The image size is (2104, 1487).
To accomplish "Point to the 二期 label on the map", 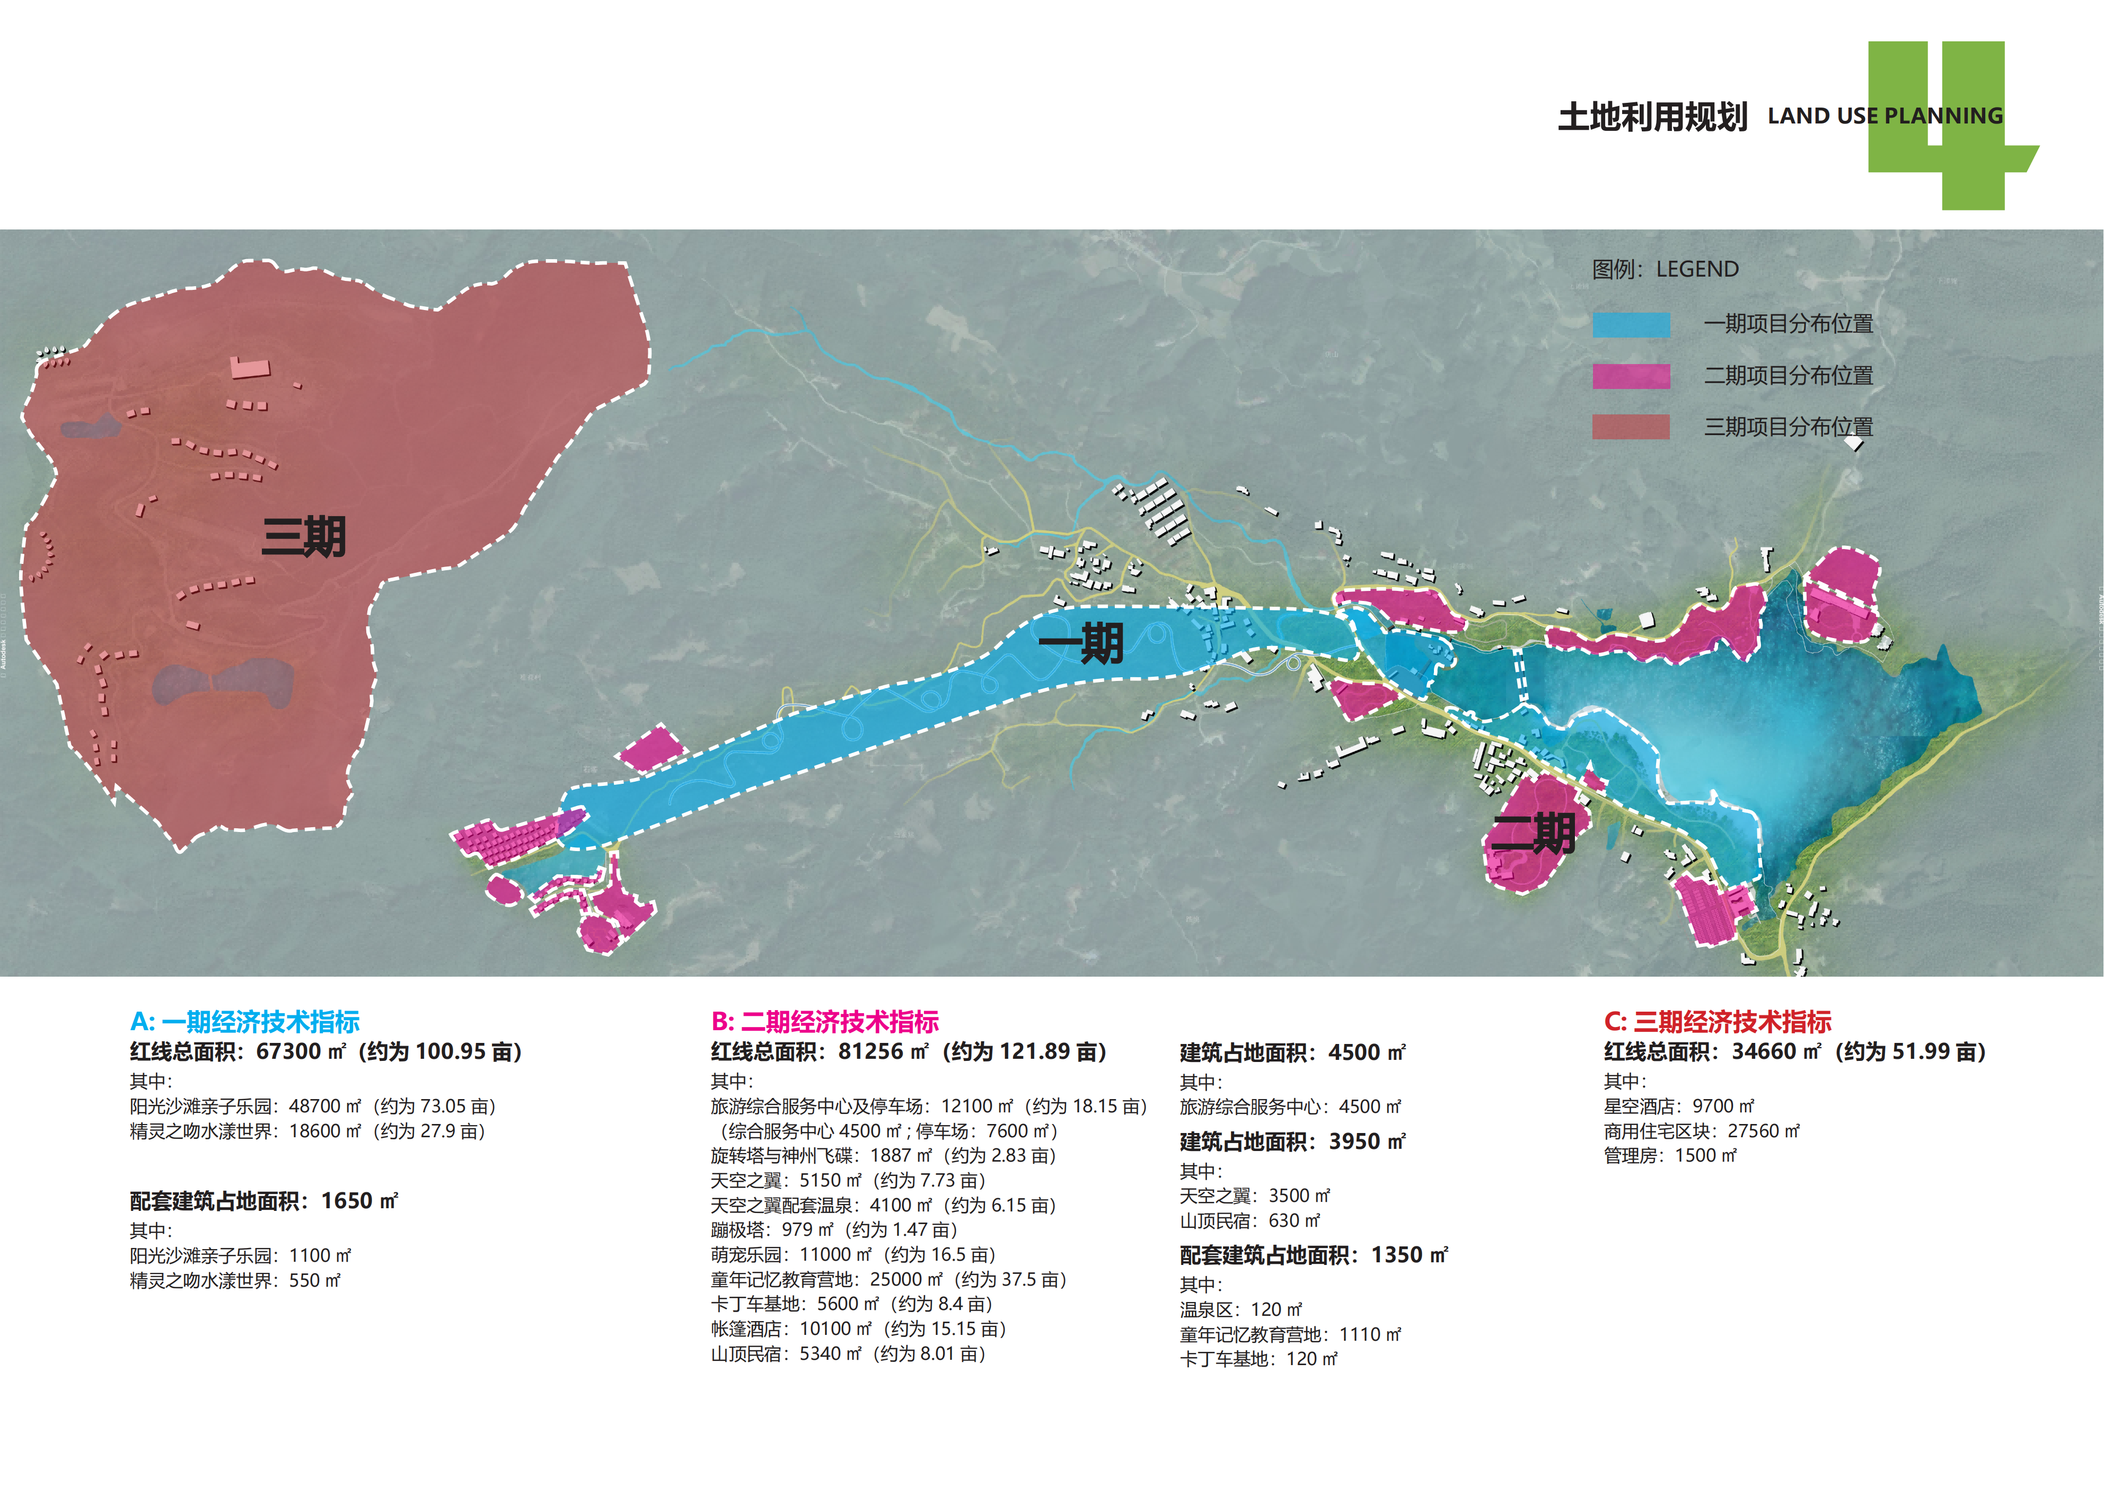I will pyautogui.click(x=1533, y=834).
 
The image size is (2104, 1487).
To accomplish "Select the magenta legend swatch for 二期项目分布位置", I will pyautogui.click(x=1631, y=376).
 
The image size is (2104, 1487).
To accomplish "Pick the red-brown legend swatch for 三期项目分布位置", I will pyautogui.click(x=1631, y=427).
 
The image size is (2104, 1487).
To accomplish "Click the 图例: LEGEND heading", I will pyautogui.click(x=1665, y=269).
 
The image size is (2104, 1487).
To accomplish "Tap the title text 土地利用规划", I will pyautogui.click(x=1652, y=117).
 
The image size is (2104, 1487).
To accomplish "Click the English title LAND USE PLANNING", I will pyautogui.click(x=1885, y=117).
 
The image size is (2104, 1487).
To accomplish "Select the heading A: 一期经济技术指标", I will pyautogui.click(x=245, y=1022).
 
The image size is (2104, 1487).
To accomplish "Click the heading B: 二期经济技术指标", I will pyautogui.click(x=825, y=1022).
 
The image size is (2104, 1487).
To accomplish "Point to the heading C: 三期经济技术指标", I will pyautogui.click(x=1718, y=1022).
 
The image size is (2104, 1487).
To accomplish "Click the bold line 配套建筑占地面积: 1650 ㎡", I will pyautogui.click(x=264, y=1201).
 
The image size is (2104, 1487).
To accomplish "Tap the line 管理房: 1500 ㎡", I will pyautogui.click(x=1670, y=1156).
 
